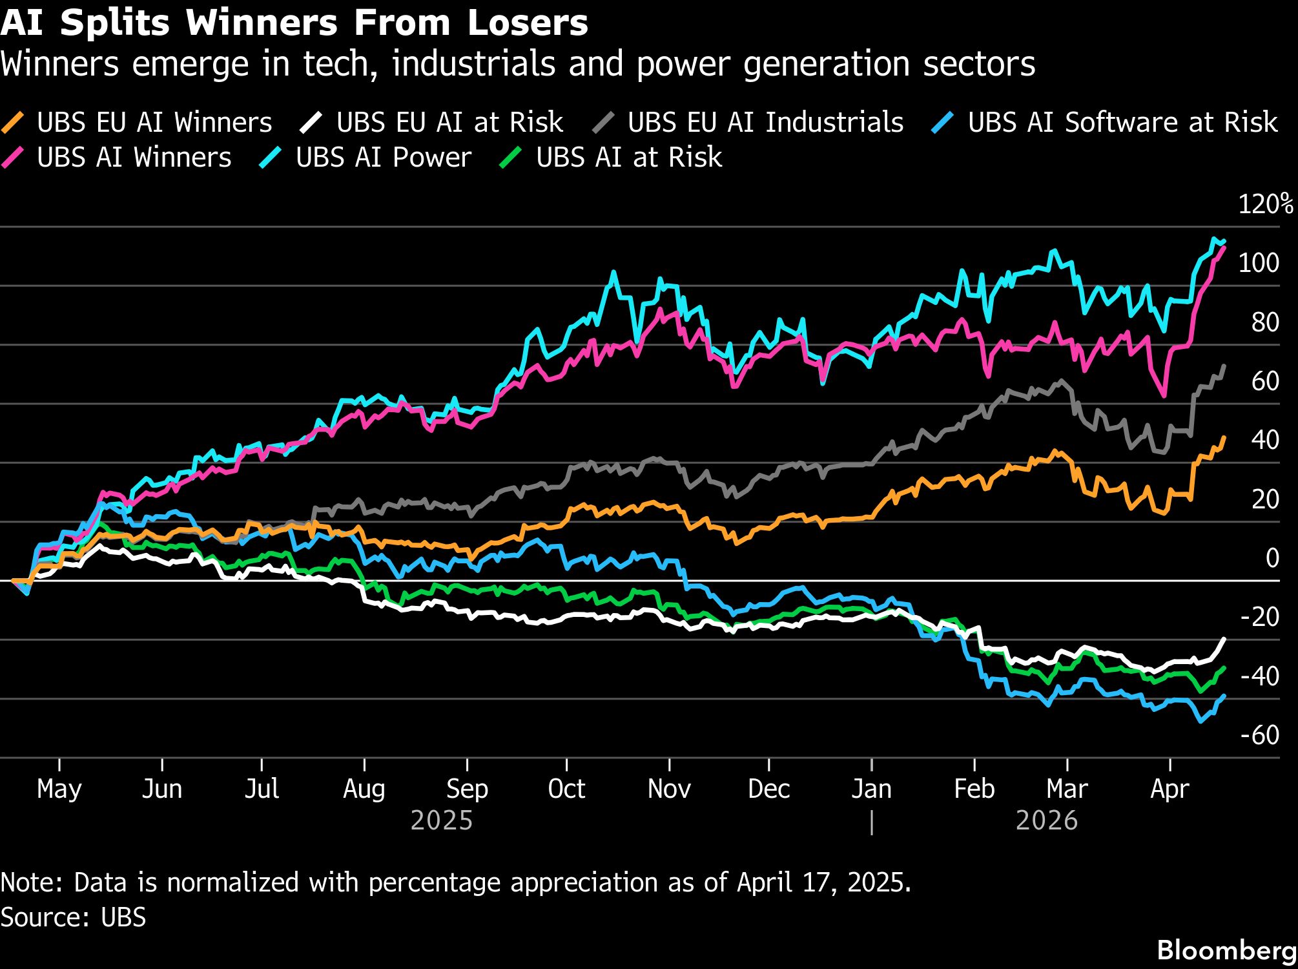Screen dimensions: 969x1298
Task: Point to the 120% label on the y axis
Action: (1265, 204)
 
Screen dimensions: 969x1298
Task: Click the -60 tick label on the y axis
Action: (1259, 735)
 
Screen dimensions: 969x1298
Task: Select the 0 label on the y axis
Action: (1272, 558)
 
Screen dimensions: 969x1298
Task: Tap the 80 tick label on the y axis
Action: (1264, 322)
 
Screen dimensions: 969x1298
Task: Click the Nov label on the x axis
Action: (669, 789)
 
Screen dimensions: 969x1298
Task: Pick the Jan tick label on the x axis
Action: (871, 789)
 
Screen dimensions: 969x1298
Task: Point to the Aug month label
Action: (364, 789)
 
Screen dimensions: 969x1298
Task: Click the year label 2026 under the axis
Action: (1046, 821)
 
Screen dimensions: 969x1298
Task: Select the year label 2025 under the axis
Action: (442, 821)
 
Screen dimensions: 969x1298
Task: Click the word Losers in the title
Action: (528, 23)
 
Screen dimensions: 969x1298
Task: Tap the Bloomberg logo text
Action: (1226, 950)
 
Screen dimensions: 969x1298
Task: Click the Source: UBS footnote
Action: (74, 917)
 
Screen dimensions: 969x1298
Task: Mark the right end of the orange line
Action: (1224, 437)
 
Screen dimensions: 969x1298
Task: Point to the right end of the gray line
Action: (1224, 366)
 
